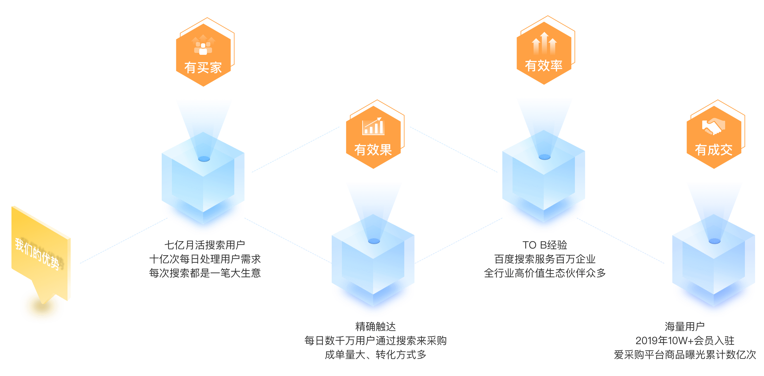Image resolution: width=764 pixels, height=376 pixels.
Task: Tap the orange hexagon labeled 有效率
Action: (544, 53)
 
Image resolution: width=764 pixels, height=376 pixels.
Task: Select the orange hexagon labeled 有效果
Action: (373, 137)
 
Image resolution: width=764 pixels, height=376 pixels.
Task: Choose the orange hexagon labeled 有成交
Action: (714, 137)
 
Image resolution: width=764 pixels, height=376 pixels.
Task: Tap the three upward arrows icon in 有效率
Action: (544, 43)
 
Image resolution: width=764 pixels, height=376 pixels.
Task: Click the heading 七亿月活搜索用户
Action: (204, 245)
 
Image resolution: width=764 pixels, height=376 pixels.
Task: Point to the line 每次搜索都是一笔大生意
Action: (205, 273)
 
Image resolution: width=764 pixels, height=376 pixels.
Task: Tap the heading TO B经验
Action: (545, 245)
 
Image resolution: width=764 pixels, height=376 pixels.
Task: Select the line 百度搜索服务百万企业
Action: (545, 259)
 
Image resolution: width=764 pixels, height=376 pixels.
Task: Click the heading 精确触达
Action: (375, 327)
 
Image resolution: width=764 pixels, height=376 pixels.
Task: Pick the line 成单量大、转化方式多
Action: (375, 355)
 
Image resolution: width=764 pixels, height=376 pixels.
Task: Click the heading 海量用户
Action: (684, 327)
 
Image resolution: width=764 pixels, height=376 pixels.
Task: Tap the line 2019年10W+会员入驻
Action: (685, 341)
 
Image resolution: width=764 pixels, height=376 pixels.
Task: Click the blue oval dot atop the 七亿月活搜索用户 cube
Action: (204, 159)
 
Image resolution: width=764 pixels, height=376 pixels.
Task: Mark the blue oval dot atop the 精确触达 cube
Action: (374, 241)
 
